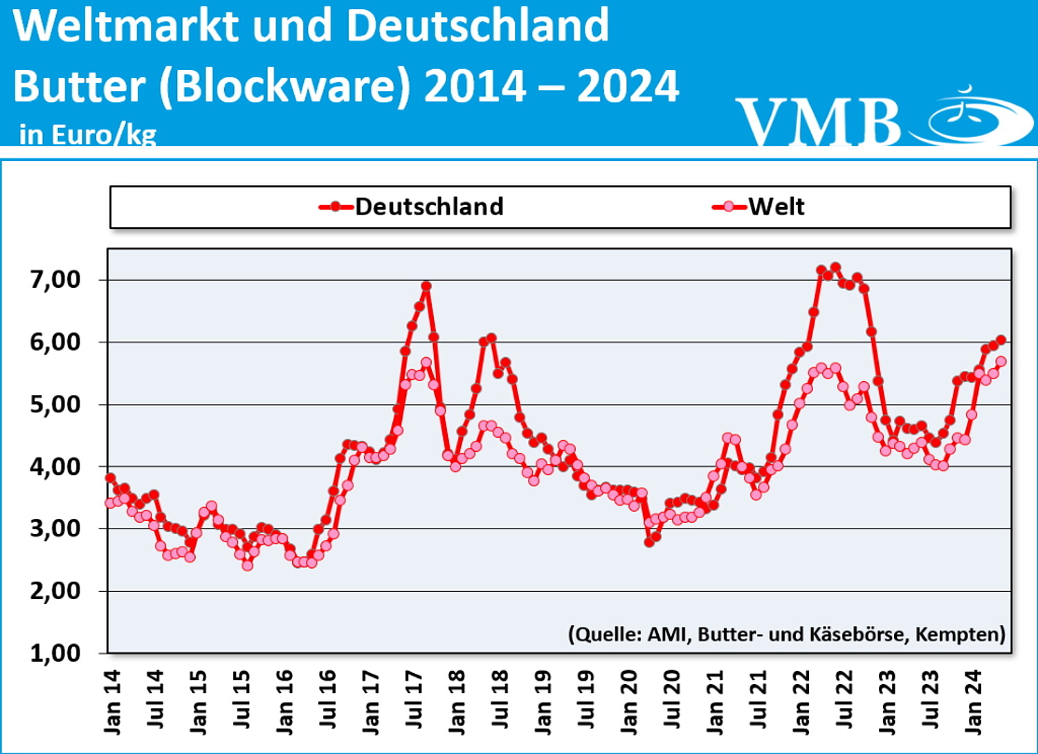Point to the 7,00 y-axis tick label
coord(55,279)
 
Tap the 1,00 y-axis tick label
coord(55,652)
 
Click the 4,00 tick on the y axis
coord(55,466)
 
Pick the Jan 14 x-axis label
coord(111,701)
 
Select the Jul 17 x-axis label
coord(413,699)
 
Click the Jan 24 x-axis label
coord(972,701)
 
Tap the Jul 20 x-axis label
coord(671,699)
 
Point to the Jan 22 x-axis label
coord(801,701)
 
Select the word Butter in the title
coord(79,86)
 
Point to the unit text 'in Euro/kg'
coord(88,134)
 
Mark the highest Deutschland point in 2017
coord(426,286)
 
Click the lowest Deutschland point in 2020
coord(649,542)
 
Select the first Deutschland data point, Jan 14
coord(110,478)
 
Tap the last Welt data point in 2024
coord(1001,362)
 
